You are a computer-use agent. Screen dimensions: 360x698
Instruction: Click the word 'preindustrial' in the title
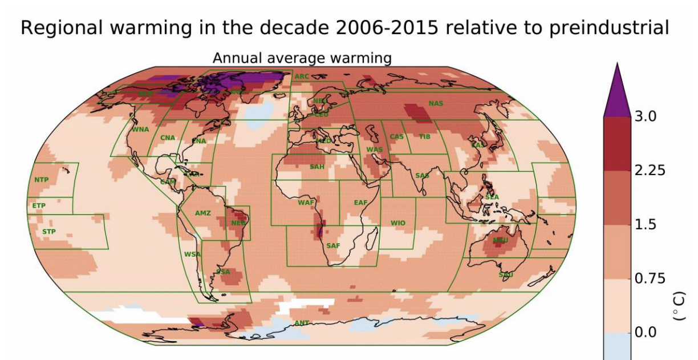click(608, 27)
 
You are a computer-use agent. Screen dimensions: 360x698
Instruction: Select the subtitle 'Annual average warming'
click(302, 58)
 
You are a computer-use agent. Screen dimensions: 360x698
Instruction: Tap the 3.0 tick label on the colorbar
click(646, 116)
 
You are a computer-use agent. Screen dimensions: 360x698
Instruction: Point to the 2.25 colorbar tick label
click(650, 171)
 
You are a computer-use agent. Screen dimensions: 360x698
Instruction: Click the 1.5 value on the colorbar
click(646, 224)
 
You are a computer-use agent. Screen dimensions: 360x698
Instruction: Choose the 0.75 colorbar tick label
click(650, 278)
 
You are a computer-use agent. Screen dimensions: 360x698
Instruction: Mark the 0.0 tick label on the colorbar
click(646, 332)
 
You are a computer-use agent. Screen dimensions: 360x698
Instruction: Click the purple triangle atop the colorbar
click(616, 91)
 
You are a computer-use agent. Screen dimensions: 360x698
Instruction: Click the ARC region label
click(302, 76)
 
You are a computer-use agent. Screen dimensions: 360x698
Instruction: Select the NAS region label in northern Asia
click(436, 103)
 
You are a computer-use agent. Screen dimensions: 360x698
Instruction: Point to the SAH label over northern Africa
click(316, 167)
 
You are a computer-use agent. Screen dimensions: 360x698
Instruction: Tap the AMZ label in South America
click(203, 213)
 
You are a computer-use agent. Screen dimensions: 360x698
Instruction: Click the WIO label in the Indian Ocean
click(398, 223)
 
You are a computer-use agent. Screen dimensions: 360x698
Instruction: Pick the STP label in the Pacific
click(49, 232)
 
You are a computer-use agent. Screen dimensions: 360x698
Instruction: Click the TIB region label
click(425, 136)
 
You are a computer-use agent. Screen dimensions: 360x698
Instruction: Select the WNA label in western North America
click(140, 129)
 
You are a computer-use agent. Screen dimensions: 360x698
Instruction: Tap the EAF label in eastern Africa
click(360, 203)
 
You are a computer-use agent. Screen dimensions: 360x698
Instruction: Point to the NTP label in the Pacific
click(42, 180)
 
